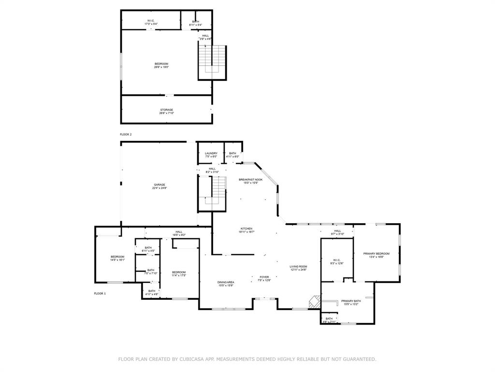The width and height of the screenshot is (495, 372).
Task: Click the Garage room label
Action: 160,186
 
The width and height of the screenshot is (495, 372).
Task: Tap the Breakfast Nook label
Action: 250,181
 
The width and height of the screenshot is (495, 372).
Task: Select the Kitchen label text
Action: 247,230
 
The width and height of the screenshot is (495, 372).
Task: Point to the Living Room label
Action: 298,268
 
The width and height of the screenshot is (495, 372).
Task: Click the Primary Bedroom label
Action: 376,255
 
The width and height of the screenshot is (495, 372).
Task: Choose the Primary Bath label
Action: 351,302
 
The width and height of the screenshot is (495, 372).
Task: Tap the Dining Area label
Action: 226,283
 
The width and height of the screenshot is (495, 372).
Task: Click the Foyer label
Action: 264,278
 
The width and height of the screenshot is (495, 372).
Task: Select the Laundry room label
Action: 211,155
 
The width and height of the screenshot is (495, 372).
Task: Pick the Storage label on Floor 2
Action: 166,111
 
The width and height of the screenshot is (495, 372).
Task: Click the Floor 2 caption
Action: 126,134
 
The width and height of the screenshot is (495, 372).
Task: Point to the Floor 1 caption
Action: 100,294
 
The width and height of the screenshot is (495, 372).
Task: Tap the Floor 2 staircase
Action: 212,62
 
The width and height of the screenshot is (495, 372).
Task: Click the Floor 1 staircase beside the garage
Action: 212,194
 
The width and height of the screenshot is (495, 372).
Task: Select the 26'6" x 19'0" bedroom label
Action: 161,65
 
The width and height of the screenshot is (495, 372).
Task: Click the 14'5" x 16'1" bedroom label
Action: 117,258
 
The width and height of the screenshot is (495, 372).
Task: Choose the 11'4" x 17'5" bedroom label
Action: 179,274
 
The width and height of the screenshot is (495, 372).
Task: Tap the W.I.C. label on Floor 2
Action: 151,22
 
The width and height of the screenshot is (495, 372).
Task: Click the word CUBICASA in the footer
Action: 191,359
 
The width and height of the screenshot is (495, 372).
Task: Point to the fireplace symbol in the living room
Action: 314,301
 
